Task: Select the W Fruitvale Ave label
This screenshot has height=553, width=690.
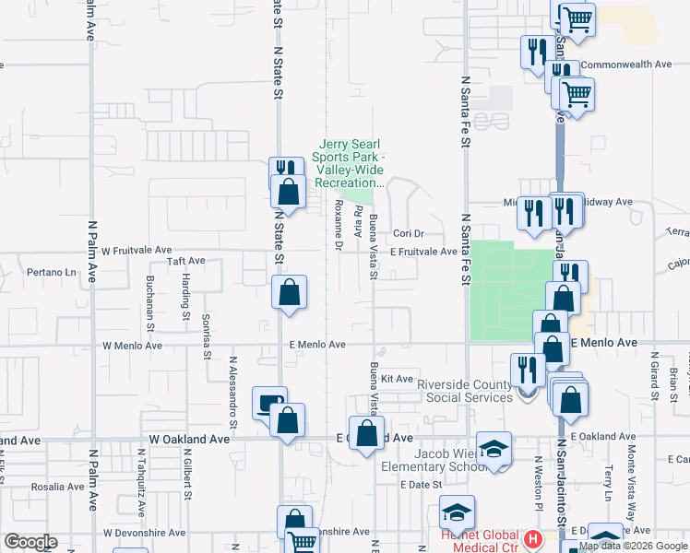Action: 137,250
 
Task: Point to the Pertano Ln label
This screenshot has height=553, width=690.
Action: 51,273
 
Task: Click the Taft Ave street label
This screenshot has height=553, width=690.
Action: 185,261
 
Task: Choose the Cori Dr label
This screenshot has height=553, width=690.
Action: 407,234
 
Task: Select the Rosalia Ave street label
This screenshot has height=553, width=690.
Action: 58,487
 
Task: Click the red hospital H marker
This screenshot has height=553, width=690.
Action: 531,538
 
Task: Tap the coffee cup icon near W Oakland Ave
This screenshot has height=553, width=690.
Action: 269,403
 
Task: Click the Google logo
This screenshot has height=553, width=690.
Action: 30,542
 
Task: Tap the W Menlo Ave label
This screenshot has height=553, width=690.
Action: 132,346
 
